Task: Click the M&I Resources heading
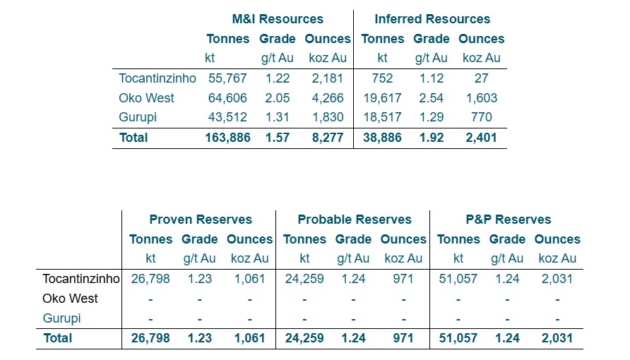[278, 19]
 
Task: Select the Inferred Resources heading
[432, 19]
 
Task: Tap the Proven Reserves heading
[201, 220]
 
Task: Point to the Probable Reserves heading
[354, 220]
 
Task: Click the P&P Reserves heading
[508, 220]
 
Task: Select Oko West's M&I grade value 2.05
[277, 98]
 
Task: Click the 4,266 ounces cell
[328, 98]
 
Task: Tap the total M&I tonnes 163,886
[226, 138]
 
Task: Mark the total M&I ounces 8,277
[328, 138]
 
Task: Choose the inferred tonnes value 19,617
[381, 98]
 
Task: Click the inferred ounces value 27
[481, 78]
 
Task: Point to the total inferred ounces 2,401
[481, 138]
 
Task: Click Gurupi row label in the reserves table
[62, 318]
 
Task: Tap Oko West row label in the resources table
[146, 98]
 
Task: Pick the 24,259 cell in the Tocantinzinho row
[304, 279]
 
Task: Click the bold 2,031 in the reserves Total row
[557, 338]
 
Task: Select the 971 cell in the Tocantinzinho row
[403, 279]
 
